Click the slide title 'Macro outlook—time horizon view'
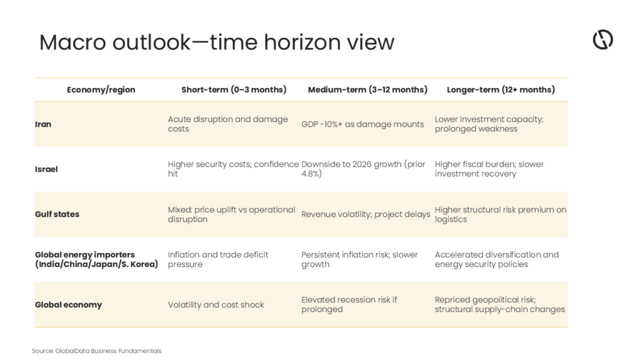[217, 42]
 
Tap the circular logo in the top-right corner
[603, 39]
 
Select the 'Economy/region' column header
[101, 90]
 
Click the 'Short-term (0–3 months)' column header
[234, 90]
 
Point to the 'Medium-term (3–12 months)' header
[367, 90]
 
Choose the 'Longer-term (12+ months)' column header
[501, 90]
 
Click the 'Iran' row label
[43, 124]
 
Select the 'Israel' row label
[46, 169]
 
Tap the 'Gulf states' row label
[57, 214]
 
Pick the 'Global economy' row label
[69, 304]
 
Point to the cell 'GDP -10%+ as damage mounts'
[362, 124]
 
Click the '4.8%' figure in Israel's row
[311, 174]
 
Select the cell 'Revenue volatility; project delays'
[366, 214]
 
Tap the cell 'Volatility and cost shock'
[216, 304]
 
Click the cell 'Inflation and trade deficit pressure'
[218, 259]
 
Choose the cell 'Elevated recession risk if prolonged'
[349, 304]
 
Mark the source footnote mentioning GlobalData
[97, 351]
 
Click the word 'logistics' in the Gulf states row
[451, 219]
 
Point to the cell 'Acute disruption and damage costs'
[227, 124]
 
